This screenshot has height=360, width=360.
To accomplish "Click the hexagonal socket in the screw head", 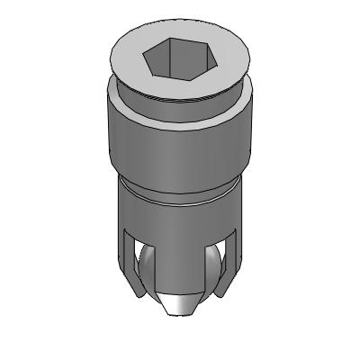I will pyautogui.click(x=180, y=61).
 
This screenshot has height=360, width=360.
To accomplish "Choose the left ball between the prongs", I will pyautogui.click(x=147, y=270).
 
